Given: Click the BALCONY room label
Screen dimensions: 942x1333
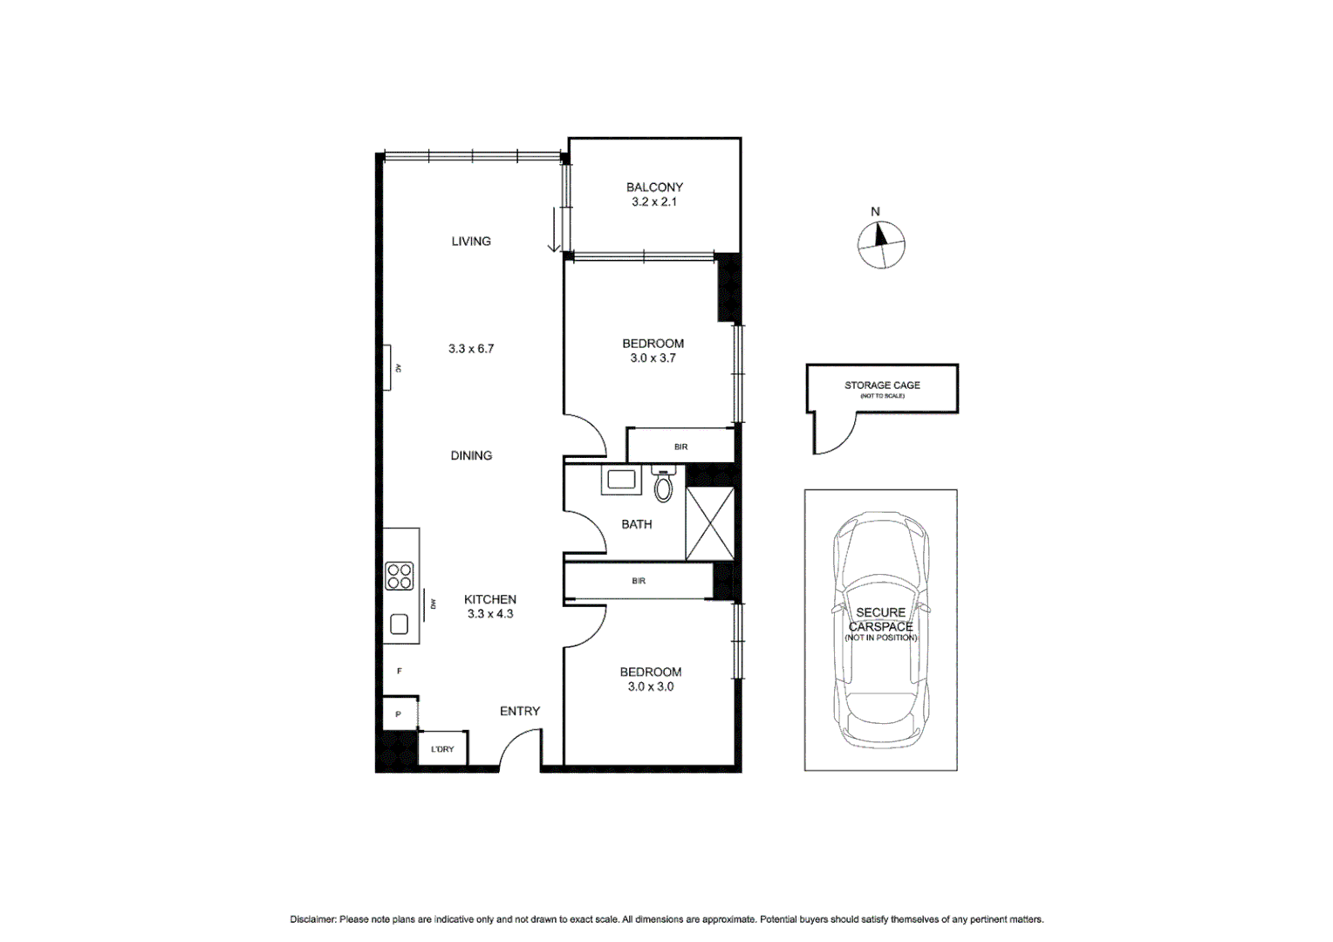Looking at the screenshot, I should coord(654,187).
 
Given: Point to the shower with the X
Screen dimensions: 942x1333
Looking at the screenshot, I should coord(710,524).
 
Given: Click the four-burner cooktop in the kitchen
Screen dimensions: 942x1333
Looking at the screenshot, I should coord(400,577).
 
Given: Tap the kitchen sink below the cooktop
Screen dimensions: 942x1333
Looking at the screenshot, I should coord(400,624).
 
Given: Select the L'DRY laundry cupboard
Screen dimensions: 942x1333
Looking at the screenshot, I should coord(442,748).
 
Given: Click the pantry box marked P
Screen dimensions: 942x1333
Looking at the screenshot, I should coord(399,713).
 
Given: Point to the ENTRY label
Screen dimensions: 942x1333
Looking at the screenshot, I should coord(519,711).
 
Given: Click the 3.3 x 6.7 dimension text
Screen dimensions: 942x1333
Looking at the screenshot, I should coord(471,348).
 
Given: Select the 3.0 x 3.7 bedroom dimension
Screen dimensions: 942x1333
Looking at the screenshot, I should coord(653,358).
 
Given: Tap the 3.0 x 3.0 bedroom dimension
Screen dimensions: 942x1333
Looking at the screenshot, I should coord(650,686).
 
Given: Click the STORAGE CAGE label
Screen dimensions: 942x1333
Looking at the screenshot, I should coord(882,385).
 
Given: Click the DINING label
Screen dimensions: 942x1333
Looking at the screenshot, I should coord(471,455).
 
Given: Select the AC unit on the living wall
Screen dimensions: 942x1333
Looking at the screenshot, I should coord(386,368).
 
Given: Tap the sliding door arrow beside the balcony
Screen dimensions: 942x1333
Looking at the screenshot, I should coord(554,230).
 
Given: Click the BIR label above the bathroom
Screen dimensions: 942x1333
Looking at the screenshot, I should coord(680,447).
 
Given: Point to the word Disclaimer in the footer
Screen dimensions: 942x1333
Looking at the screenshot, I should coord(312,919).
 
